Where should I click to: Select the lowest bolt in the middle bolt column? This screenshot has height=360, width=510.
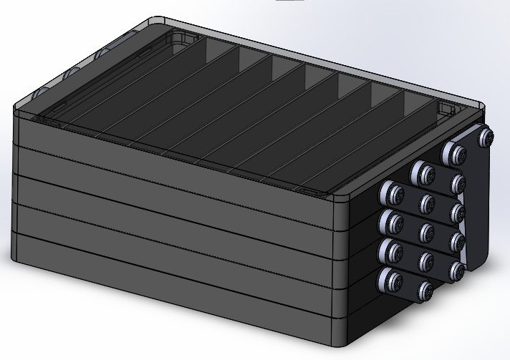pos(426,291)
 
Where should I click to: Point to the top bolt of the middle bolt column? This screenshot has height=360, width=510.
pos(422,172)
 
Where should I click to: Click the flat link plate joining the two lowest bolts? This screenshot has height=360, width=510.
pos(409,285)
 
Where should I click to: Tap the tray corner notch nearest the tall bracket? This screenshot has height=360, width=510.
pos(448,107)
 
